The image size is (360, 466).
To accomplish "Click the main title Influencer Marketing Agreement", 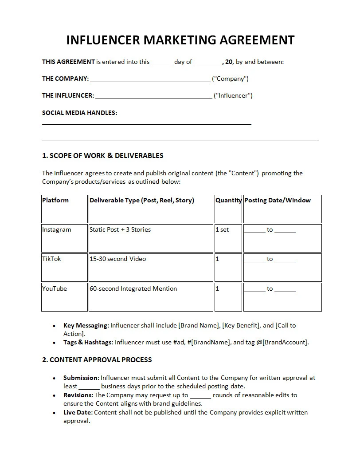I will pos(180,40).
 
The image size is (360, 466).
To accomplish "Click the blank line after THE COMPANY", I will pos(150,80).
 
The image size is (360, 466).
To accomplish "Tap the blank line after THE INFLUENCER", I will pos(153,97).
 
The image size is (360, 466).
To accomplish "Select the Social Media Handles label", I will pos(79,113).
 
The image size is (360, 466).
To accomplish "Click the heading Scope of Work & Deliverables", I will pos(102,156).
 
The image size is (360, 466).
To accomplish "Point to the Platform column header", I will pos(55,201).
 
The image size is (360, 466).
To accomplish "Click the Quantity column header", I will pos(228,201).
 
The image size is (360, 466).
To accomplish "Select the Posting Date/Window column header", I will pos(278,201).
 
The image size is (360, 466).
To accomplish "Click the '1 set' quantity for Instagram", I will pos(222,230).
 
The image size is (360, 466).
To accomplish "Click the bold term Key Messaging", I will pos(86,325).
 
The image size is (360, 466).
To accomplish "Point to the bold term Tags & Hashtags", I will pos(88,342).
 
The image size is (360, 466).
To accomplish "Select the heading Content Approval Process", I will pos(97,360).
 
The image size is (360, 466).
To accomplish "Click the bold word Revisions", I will pos(78,395).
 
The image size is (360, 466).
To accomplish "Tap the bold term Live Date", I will pos(78,412).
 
